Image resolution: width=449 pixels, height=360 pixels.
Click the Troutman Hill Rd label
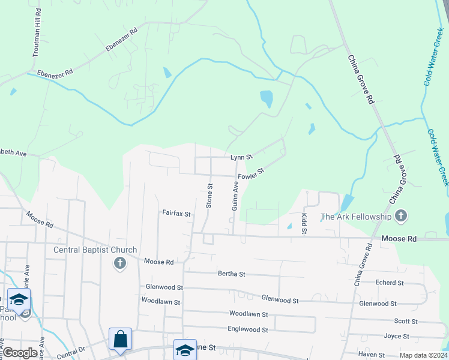36,34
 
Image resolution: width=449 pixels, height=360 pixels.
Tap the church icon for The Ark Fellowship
402,216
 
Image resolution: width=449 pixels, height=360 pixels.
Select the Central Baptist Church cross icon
119,262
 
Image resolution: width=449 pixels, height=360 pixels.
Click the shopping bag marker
120,338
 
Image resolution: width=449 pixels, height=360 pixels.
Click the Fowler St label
251,175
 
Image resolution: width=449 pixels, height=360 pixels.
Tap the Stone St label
209,196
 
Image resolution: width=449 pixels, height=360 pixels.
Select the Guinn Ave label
235,196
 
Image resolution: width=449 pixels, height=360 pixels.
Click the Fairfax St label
176,213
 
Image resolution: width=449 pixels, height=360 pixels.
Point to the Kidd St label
304,223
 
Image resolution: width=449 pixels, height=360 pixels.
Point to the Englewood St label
248,329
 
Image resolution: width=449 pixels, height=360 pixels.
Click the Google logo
20,353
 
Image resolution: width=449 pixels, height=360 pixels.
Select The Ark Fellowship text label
356,217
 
